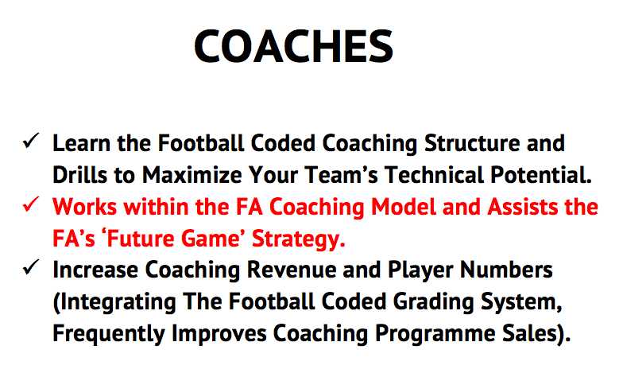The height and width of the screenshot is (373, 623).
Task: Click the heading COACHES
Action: tap(294, 46)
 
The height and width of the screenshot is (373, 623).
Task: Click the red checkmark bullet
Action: tap(30, 204)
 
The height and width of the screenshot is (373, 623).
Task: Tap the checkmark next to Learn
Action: tap(30, 140)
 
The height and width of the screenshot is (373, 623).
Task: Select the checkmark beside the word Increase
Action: tap(30, 267)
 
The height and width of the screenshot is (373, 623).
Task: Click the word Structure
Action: tap(472, 143)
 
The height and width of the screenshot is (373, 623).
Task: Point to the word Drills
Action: tap(79, 175)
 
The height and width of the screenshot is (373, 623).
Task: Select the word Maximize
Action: tap(192, 175)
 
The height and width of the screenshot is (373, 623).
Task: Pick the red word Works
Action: tap(84, 207)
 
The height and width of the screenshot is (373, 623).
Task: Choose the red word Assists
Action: tap(523, 207)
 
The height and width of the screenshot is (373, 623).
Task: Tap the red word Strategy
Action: tap(299, 239)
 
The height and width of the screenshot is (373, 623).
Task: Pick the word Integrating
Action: tap(114, 302)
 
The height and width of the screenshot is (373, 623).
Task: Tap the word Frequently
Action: tap(108, 334)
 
